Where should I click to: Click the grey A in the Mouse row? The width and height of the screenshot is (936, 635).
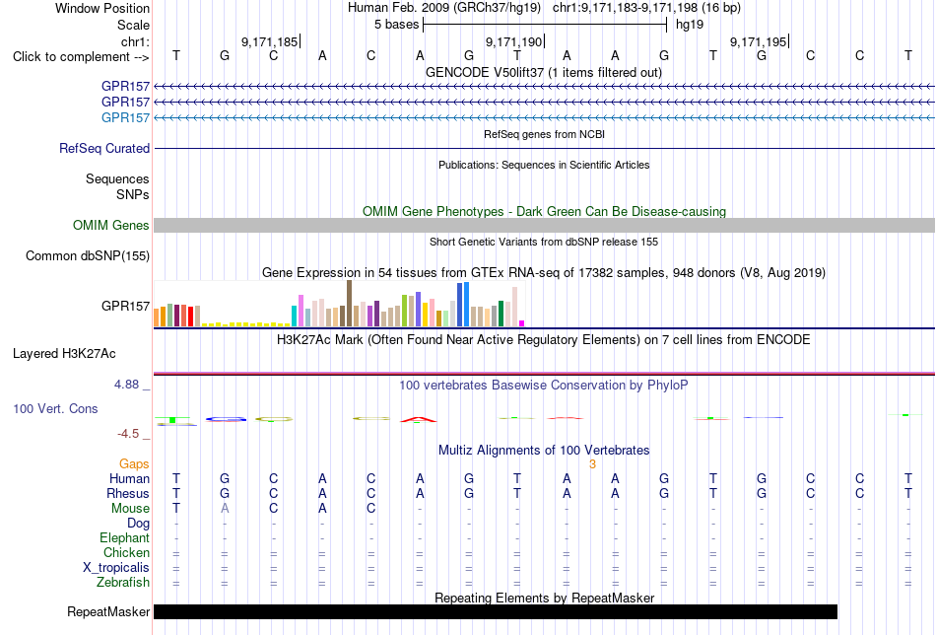(x=225, y=509)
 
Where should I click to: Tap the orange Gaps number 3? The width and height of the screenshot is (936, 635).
(x=592, y=464)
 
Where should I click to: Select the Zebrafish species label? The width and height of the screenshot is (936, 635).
(x=123, y=583)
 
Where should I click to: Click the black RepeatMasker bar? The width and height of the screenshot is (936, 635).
(x=496, y=611)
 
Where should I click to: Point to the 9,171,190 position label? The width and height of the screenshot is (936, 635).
(x=513, y=41)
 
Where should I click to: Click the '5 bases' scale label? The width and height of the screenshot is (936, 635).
(x=396, y=25)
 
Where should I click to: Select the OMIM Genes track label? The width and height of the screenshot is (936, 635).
(x=111, y=225)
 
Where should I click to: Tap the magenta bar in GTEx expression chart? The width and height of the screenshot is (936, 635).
(x=522, y=323)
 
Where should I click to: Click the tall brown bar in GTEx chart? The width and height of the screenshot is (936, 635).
(x=349, y=304)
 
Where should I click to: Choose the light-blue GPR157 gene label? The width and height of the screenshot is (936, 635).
(x=125, y=117)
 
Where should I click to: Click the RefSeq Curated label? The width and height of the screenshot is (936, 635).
(x=104, y=148)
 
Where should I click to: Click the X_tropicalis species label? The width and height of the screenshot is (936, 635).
(x=116, y=568)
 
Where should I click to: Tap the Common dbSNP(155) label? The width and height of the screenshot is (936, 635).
(x=88, y=255)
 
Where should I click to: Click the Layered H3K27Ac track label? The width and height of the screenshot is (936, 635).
(x=64, y=354)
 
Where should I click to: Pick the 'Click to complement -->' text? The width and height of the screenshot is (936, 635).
(x=81, y=57)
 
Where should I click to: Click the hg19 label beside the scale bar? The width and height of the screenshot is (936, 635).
(x=690, y=25)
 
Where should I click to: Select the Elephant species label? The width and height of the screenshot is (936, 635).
(x=124, y=538)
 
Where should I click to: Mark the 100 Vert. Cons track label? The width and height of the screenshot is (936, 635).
(x=55, y=408)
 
